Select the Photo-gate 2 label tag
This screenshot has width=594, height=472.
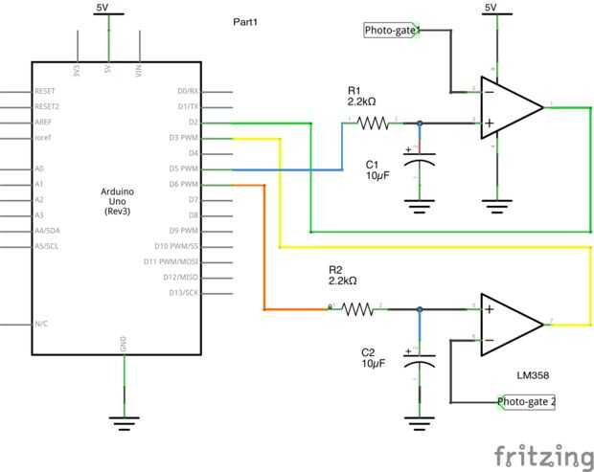pos(527,401)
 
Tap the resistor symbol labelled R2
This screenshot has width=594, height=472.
pos(358,308)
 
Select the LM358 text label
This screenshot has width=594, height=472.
pos(532,376)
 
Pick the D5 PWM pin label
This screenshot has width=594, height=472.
pos(182,169)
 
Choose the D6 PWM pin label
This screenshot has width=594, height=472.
pos(182,184)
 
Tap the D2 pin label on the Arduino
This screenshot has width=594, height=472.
pos(193,123)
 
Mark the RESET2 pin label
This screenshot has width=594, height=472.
pos(47,106)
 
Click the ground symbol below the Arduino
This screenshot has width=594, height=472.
pos(122,419)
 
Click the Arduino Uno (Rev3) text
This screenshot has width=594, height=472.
pos(117,201)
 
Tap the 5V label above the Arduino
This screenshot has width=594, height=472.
pos(108,8)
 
